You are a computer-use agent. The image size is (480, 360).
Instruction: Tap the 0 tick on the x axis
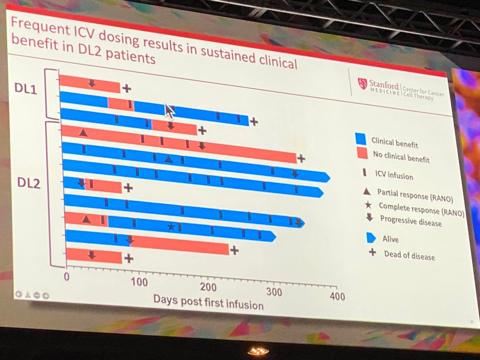click(66, 276)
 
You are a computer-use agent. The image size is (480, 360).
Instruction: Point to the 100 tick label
click(139, 282)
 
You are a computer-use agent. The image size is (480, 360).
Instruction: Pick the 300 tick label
click(276, 292)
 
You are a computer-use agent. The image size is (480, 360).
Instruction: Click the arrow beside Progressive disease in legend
click(368, 218)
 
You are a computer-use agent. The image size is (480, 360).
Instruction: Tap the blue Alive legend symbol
click(369, 238)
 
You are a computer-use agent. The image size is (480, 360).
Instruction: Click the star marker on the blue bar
click(171, 226)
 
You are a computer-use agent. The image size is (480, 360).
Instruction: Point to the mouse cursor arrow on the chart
click(168, 110)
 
